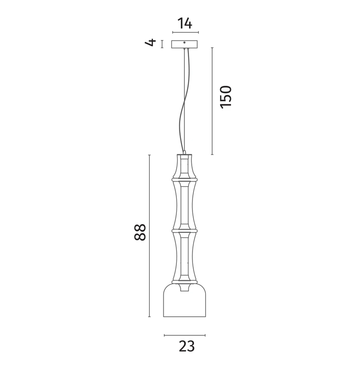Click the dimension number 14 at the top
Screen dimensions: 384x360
coord(185,24)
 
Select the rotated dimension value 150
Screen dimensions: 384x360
coord(226,96)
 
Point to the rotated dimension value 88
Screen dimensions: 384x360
coord(140,232)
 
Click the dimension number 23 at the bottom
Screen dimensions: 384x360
coord(186,346)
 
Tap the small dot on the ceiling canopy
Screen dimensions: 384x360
coord(185,43)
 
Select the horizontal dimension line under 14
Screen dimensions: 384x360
coord(185,33)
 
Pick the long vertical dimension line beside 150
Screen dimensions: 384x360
coord(212,101)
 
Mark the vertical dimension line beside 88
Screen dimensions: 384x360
coord(149,236)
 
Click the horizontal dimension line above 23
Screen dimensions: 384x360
coord(185,335)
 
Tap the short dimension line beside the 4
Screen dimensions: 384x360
coord(162,44)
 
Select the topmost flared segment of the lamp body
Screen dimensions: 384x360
coord(184,166)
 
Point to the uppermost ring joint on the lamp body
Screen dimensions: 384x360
coord(184,179)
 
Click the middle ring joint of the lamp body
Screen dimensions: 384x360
coord(184,230)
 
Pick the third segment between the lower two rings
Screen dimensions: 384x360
coord(184,256)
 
